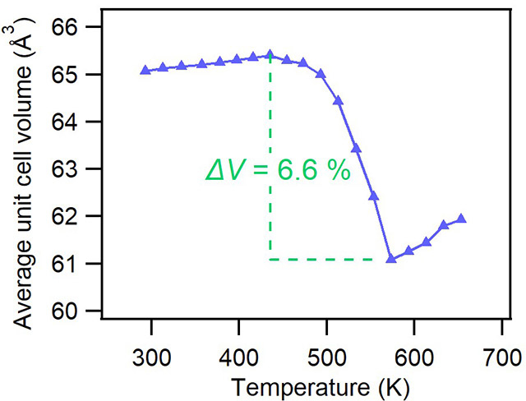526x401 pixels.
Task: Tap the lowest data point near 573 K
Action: click(x=390, y=259)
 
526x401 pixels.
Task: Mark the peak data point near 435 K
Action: click(x=270, y=55)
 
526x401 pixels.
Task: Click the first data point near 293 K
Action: click(x=145, y=70)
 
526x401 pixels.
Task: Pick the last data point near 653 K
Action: click(x=461, y=219)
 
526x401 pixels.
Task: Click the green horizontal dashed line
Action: click(x=329, y=260)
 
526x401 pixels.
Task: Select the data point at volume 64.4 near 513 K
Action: click(x=338, y=100)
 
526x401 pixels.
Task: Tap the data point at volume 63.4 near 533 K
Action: click(x=356, y=148)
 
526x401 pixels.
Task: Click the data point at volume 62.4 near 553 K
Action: click(x=373, y=196)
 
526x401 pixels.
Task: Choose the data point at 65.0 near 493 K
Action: click(x=321, y=73)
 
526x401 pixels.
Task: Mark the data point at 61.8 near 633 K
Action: click(x=444, y=224)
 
